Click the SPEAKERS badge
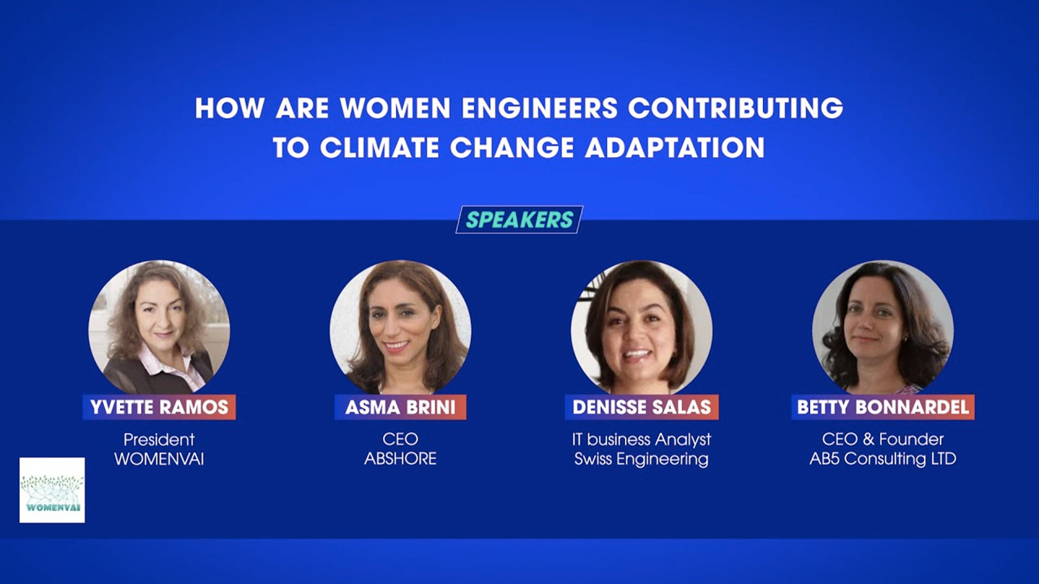[519, 220]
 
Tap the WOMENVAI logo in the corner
[52, 490]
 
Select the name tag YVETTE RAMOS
[159, 407]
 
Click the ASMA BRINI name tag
[400, 407]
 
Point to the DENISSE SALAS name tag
[642, 407]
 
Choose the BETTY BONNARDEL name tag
[883, 407]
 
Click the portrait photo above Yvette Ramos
[159, 328]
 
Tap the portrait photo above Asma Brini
[400, 328]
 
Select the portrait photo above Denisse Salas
[642, 328]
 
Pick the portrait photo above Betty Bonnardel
[883, 328]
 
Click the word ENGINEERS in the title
[540, 108]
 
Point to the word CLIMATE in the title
[379, 148]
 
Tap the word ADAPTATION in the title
[675, 148]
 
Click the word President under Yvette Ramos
[159, 439]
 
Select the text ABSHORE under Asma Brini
[400, 459]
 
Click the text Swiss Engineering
[641, 459]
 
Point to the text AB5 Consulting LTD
[883, 459]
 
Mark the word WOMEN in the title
[396, 108]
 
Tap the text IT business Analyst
[641, 440]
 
